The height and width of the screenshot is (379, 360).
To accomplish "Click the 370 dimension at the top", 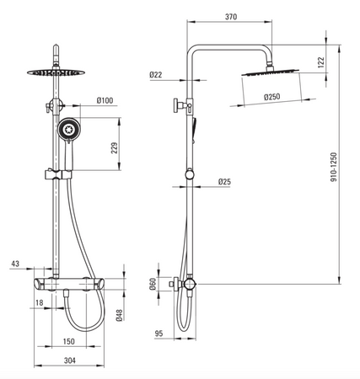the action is (x=231, y=17).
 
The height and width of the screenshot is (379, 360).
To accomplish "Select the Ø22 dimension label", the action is (x=156, y=75).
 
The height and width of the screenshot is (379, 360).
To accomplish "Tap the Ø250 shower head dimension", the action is (x=272, y=97).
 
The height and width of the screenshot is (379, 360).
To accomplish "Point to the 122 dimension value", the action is (x=321, y=62).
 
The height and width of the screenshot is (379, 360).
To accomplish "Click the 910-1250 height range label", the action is (x=333, y=167).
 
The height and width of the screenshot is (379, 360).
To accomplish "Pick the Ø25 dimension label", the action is (x=224, y=182).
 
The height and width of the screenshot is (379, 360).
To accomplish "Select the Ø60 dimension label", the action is (x=153, y=284).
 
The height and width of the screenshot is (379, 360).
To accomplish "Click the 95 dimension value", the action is (x=159, y=334).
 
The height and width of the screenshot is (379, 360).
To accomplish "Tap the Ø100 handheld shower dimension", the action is (x=105, y=100).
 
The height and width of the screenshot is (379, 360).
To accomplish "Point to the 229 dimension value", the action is (x=115, y=148).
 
